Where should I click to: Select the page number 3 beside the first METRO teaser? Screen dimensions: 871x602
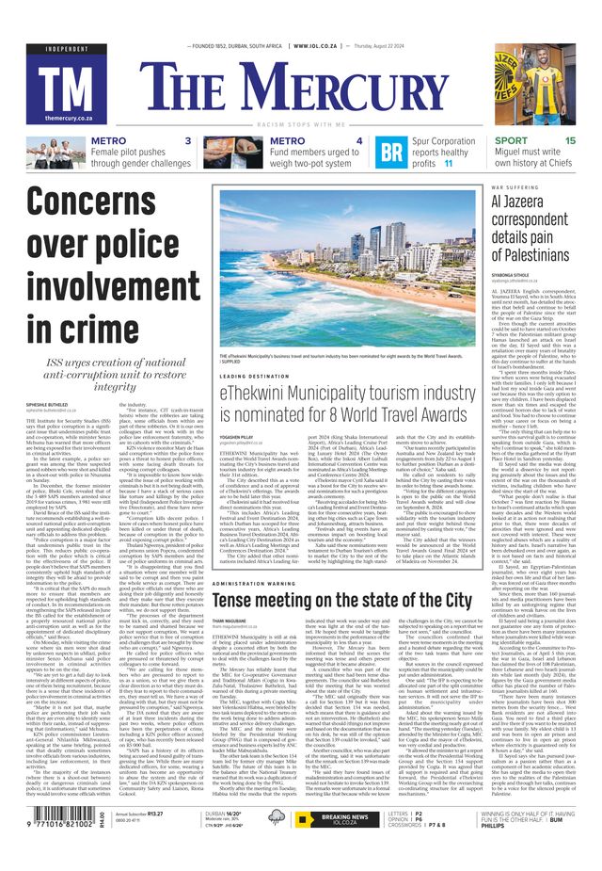tap(188, 141)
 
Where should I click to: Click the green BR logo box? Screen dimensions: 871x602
tap(392, 153)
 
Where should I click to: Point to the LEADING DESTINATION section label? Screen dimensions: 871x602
tap(255, 375)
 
